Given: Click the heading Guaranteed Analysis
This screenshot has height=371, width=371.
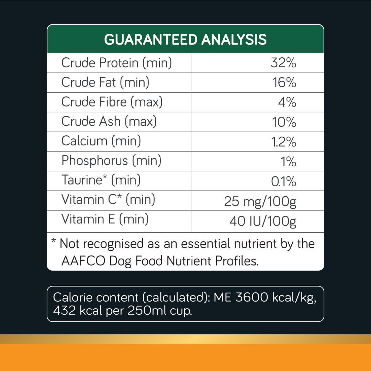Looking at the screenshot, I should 185,40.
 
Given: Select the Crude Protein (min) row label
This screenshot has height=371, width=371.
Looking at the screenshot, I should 116,63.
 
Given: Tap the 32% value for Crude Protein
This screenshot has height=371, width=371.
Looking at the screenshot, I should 283,63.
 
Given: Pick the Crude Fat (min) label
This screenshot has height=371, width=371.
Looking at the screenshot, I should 105,82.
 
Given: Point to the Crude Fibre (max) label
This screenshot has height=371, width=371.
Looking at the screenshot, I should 112,102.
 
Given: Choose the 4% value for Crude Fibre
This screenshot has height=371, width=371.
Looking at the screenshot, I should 287,102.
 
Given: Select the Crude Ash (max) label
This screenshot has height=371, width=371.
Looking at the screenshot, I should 109,122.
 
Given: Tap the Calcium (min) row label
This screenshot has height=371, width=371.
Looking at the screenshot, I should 101,141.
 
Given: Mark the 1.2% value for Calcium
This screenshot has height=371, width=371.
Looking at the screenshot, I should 283,142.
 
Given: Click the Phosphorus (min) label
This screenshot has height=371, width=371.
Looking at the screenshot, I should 111,161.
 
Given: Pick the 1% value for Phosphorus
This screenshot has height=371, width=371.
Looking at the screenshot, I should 289,161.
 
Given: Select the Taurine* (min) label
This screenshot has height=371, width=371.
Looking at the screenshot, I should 101,180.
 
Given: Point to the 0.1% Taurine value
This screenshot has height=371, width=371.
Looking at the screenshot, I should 284,181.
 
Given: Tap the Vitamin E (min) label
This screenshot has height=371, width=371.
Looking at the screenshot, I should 105,219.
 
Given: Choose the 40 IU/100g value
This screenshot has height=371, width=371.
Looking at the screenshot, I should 263,222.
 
